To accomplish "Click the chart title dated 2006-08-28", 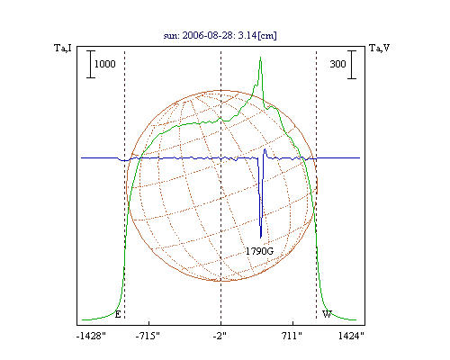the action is coord(220,35).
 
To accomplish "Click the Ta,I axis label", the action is coord(63,48).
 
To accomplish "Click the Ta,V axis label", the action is coord(379,48).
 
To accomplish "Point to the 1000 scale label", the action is coord(105,64).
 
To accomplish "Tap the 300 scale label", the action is coord(337,64).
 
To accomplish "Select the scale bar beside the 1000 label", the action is coord(91,64).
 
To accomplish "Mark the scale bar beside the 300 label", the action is coord(352,65).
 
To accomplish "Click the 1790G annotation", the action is coord(259,251).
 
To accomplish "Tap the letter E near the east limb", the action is coord(118,314).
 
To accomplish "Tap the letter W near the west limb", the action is coord(327,314).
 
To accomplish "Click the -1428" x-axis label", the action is coord(91,336).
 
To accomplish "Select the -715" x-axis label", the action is coord(148,336).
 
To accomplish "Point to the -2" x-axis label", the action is coord(220,336).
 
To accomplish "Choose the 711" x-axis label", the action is coord(292,336).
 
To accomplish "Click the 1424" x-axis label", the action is coord(351,336).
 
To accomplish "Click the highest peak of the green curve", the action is coord(260,57).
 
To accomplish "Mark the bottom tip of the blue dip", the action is coord(261,238).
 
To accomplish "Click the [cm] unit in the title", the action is coord(267,36).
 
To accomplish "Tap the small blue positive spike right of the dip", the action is coord(265,149).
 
